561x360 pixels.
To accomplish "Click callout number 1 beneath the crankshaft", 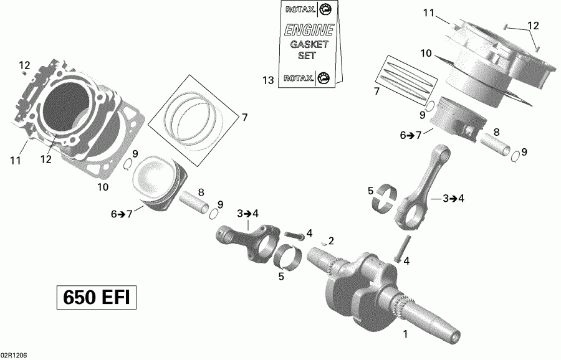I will click(406, 334).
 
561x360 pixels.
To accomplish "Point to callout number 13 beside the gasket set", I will click(268, 80).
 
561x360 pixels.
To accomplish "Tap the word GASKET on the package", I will click(304, 44).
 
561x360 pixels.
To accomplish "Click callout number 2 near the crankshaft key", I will click(331, 241).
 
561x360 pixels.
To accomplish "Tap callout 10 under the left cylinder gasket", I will click(102, 187).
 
